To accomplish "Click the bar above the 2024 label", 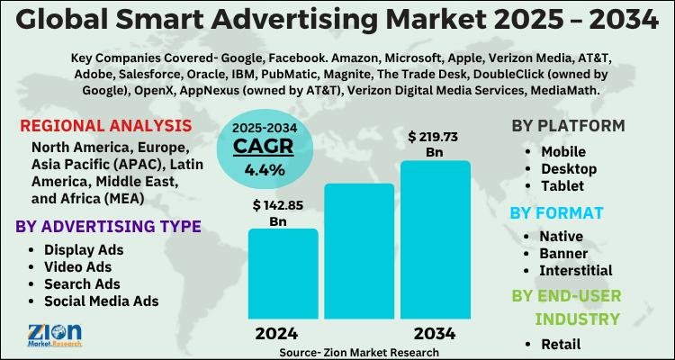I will point(283,275).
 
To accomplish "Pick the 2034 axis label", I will point(435,334).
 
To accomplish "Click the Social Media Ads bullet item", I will point(101,301).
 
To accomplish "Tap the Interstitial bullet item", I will point(575,270).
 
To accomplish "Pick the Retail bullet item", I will point(562,343).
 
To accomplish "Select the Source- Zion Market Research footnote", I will point(359,353).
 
